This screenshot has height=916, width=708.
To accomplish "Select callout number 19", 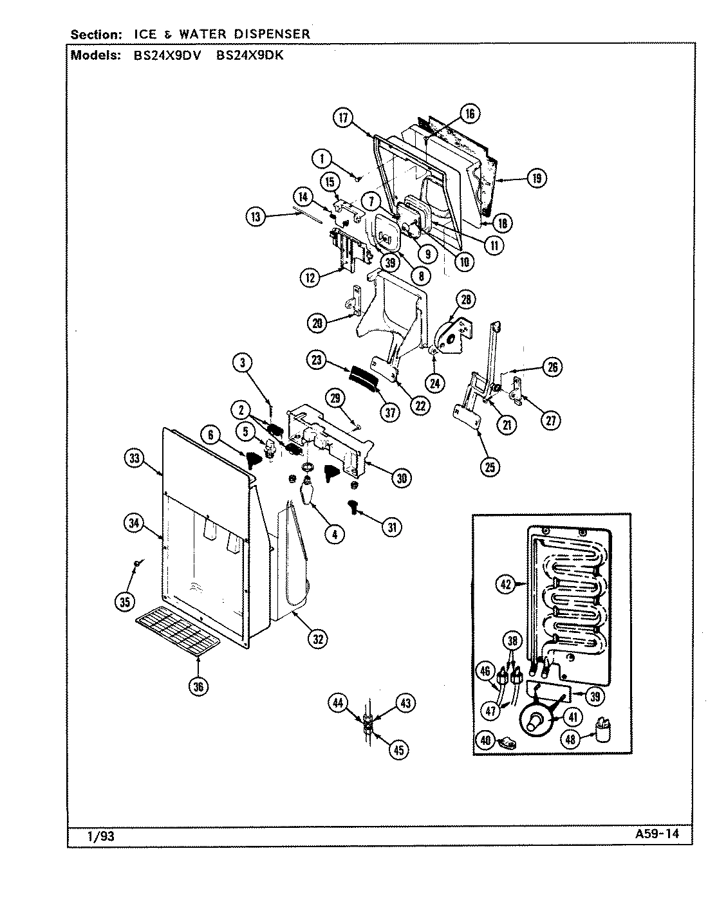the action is [537, 178].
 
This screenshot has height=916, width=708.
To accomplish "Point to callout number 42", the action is [506, 584].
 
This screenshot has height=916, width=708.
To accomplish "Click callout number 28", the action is [466, 299].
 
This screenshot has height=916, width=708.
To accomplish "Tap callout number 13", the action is [256, 217].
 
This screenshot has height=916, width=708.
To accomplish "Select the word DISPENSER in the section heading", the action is [270, 33].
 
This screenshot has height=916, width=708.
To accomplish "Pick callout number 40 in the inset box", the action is [485, 740].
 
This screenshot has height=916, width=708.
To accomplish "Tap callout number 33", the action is [133, 458].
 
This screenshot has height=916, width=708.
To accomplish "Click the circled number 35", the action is [125, 601].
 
